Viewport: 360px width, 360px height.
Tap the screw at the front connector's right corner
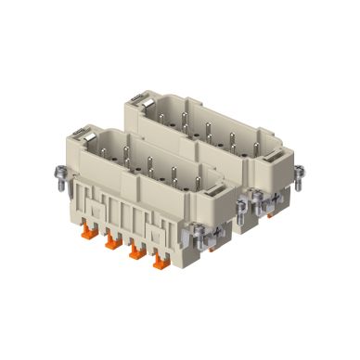click(241, 211)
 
